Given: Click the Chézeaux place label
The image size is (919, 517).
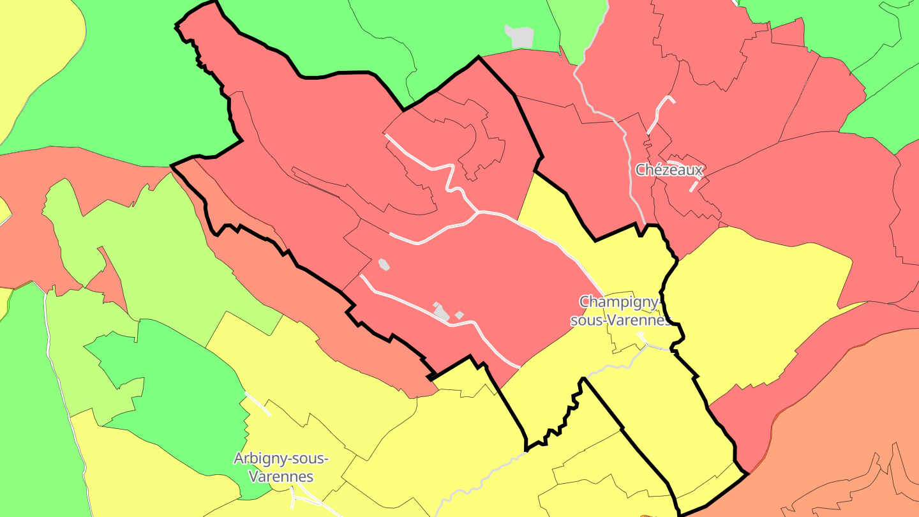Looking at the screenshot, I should tap(669, 170).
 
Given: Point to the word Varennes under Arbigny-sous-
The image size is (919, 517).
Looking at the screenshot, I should tap(281, 477).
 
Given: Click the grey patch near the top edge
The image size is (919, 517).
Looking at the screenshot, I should tap(519, 37).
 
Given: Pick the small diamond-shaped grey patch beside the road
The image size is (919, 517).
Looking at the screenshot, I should tap(459, 315).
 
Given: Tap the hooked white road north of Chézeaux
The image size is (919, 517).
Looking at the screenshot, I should tap(661, 112).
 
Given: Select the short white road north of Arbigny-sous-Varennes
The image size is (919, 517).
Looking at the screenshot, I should tap(258, 404).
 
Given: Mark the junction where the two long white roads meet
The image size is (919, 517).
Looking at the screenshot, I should tap(477, 213).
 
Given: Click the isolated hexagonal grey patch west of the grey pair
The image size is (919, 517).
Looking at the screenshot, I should tap(384, 264).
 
